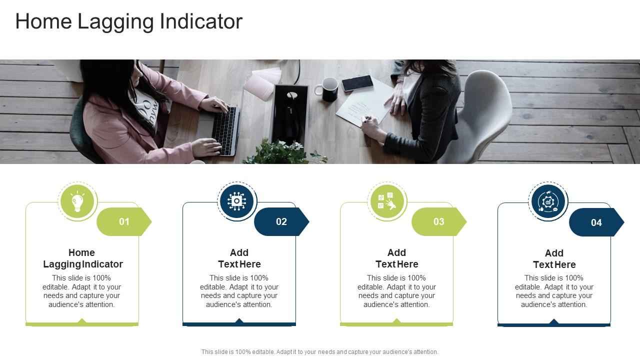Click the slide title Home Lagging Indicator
coord(128,21)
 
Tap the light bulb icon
coord(77,201)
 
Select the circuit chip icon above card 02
coord(237,201)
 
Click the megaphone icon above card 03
coord(387,201)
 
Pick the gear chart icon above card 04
coord(548,202)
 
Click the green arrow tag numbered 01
coord(123,221)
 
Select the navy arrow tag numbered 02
coord(281,221)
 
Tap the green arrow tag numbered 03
coord(438,221)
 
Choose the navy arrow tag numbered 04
coord(596,222)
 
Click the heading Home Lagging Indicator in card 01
coord(82,258)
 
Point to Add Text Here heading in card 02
coord(239,258)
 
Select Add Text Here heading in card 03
coord(397,258)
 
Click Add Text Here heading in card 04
coord(554,259)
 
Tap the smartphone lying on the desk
coord(357,83)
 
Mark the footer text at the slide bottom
coord(319,352)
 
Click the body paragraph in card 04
coord(554,291)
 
